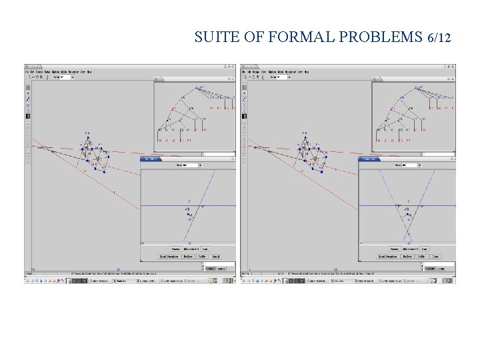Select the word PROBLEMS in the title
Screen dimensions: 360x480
380,37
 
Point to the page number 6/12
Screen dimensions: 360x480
437,37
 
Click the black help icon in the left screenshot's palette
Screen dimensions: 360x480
28,116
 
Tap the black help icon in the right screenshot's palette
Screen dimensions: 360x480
245,116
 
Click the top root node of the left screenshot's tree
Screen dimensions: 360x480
201,87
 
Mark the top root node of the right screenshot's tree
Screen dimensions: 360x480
419,87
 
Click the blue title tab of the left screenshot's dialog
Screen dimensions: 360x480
151,159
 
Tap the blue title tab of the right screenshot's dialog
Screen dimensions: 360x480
369,159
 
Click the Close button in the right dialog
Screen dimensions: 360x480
436,256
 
